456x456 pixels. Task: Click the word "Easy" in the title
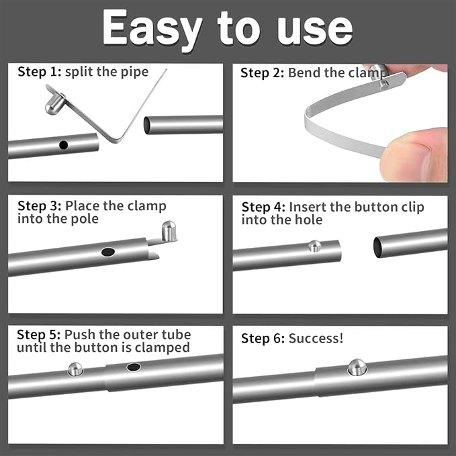(x=152, y=28)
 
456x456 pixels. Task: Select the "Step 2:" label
(x=263, y=73)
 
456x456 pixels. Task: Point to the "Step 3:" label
(x=40, y=206)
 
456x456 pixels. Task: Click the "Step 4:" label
(x=263, y=207)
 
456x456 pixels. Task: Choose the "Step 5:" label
(x=39, y=334)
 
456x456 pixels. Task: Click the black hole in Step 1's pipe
(x=63, y=144)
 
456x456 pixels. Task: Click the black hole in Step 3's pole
(x=107, y=252)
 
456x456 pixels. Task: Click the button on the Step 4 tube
(x=314, y=246)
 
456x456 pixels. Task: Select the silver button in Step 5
(x=75, y=368)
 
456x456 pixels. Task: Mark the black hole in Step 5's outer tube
(x=133, y=367)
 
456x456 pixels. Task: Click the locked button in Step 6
(x=357, y=367)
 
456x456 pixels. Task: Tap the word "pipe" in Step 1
(x=134, y=72)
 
